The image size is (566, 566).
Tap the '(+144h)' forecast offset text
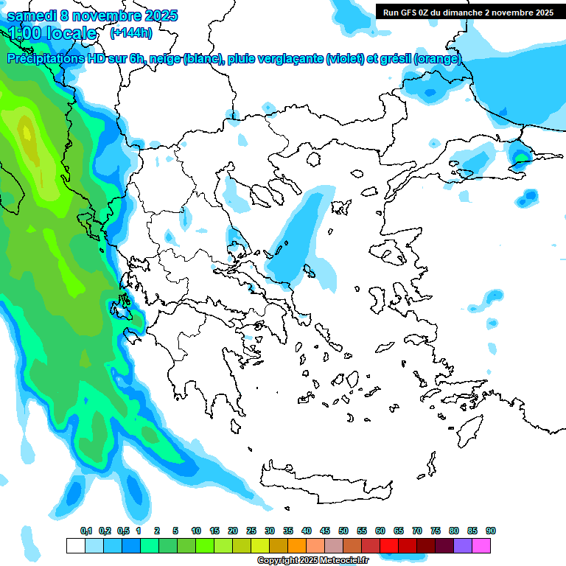coord(131,32)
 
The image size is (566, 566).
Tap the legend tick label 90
coord(491,531)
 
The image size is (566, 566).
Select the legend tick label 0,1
coord(85,531)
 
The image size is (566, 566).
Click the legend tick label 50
coord(343,531)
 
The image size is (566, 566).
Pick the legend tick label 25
coord(251,531)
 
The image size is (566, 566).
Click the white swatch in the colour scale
coord(75,546)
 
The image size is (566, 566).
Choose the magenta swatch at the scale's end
coord(481,546)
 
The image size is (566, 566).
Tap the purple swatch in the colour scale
coord(463,546)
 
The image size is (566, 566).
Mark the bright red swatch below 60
coord(389,546)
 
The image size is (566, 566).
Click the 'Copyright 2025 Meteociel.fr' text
coord(312,561)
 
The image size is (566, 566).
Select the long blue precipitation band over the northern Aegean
coord(298,236)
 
